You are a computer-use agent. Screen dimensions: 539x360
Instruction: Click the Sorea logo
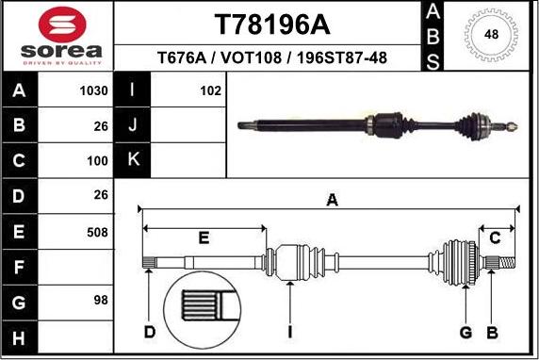coord(57,35)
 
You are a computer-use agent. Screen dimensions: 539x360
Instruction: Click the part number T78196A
coord(267,23)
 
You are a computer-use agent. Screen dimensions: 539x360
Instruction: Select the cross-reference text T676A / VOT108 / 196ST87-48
coord(267,57)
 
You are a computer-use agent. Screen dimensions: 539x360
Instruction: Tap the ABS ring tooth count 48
coord(491,35)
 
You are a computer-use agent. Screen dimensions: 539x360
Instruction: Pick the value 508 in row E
coord(96,231)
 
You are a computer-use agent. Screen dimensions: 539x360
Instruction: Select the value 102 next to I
coord(210,91)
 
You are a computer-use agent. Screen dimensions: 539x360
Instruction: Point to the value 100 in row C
coord(96,161)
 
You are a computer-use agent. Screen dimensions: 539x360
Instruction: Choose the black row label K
coord(133,161)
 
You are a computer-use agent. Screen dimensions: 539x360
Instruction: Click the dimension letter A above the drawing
coord(331,199)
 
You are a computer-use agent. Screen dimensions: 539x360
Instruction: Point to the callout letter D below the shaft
coord(149,332)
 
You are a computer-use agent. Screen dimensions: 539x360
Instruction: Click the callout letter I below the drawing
coord(290,332)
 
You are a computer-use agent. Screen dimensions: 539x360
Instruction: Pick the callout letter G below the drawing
coord(465,332)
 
